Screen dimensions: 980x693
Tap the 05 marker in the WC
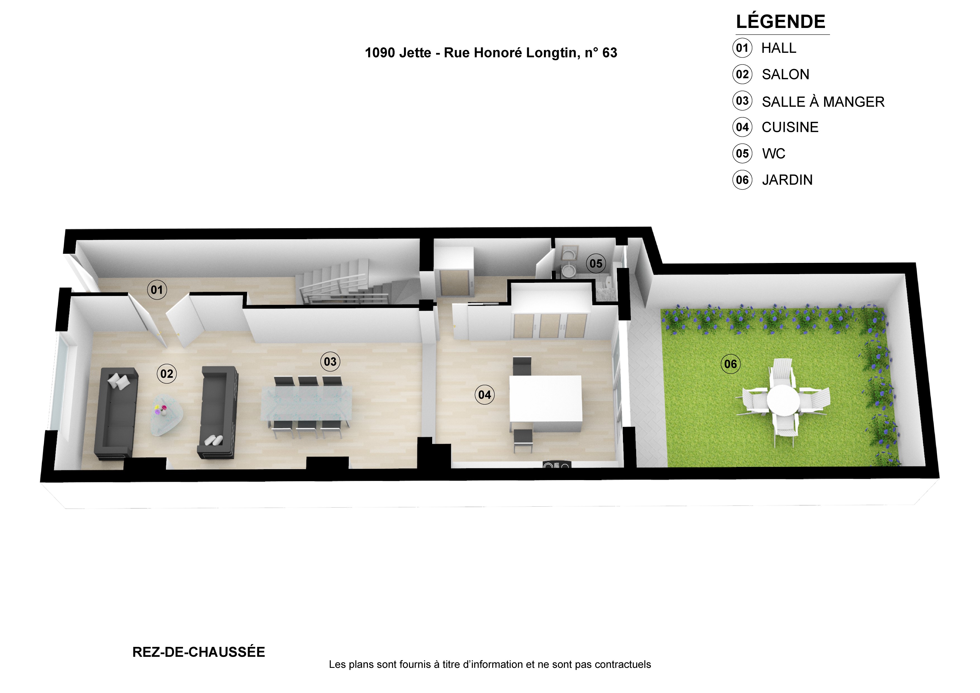pos(596,264)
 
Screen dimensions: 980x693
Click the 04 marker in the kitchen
pos(484,395)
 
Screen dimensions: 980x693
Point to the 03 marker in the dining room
pos(330,362)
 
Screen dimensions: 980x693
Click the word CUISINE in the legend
pos(790,127)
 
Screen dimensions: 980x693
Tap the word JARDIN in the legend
pos(788,180)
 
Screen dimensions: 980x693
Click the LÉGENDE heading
pos(781,21)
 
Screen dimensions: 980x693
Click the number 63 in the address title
pos(610,53)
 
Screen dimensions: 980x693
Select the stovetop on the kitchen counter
pos(556,465)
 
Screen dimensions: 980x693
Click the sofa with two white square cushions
pos(115,413)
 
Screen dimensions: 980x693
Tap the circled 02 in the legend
pos(742,74)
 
